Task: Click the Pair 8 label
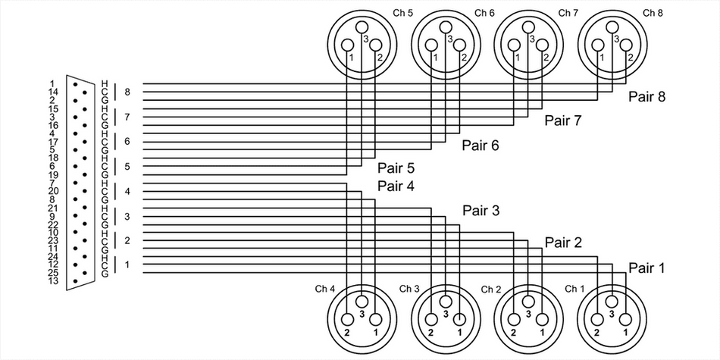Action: coord(646,97)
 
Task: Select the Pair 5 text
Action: coord(396,168)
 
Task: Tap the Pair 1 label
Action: coord(646,268)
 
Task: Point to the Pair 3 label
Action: coord(481,211)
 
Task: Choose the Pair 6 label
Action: coord(481,146)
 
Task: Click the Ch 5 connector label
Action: coord(402,13)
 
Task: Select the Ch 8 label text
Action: coord(652,13)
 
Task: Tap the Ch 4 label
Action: coord(325,288)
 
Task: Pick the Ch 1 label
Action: coord(574,288)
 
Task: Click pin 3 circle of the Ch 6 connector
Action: coord(445,29)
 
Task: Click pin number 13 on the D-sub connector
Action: coord(52,281)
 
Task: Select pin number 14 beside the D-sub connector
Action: coord(52,92)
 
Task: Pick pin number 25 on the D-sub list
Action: coord(52,273)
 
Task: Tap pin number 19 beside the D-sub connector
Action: coord(52,174)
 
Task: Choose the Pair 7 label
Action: coord(563,121)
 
